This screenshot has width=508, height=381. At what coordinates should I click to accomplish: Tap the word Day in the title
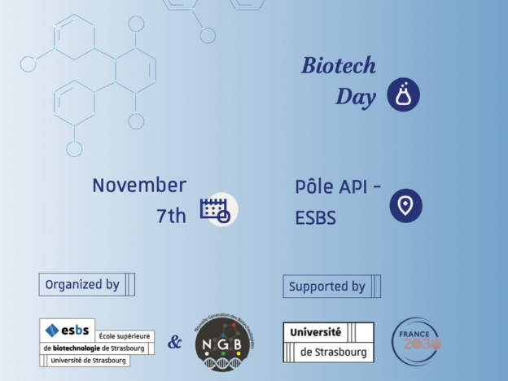click(356, 97)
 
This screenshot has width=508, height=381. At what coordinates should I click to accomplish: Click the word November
click(139, 185)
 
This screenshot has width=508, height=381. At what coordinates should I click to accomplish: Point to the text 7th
click(171, 215)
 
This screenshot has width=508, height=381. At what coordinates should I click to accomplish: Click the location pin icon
click(405, 205)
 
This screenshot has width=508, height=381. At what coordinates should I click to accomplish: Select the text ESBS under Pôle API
click(316, 218)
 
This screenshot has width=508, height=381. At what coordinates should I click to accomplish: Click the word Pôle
click(315, 186)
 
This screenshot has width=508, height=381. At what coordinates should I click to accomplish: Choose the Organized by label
click(82, 284)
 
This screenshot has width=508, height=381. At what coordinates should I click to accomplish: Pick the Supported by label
click(327, 286)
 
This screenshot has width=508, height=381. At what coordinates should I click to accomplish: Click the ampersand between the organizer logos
click(174, 342)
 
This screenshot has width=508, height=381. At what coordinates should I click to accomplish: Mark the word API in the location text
click(353, 186)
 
